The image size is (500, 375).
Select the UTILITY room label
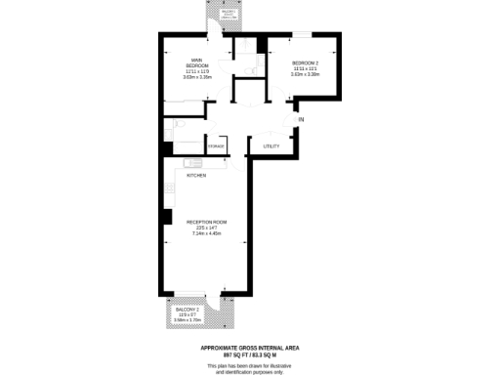pos(271,146)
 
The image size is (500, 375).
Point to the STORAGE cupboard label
pos(216,146)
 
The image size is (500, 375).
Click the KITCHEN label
pos(196,175)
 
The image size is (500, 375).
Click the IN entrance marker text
pos(301,119)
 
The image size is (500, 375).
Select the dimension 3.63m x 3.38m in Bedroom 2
pos(305,75)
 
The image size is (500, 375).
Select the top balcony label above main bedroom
pos(229,14)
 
